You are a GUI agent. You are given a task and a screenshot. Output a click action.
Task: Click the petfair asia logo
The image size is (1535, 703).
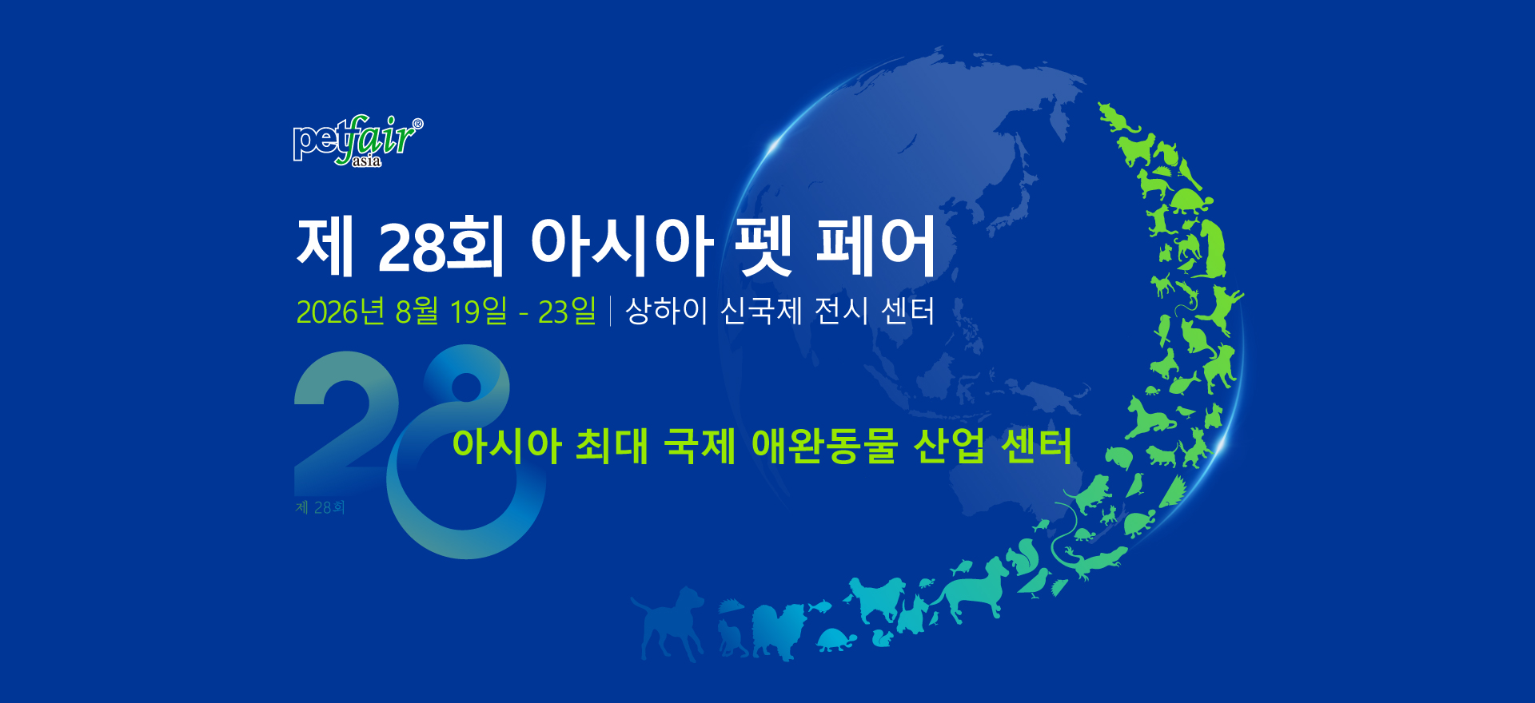point(358,141)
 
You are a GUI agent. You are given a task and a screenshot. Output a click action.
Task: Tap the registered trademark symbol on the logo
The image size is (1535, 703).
point(417,124)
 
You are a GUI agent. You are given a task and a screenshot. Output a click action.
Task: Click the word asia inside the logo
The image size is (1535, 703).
point(367,161)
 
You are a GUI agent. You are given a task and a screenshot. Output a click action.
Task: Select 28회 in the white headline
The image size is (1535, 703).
point(441,246)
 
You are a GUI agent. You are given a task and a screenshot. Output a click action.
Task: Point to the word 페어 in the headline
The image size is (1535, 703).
point(875,246)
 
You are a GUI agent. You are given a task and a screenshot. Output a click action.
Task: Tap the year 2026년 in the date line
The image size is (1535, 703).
point(341,312)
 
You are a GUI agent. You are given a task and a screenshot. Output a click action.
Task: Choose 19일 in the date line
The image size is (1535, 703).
point(478,311)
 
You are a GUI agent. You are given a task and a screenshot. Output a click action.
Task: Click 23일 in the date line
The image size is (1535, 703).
point(567,311)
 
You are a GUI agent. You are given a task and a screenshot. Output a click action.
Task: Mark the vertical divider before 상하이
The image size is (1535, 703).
point(611,311)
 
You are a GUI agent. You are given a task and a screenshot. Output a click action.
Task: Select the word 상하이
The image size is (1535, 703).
point(666,311)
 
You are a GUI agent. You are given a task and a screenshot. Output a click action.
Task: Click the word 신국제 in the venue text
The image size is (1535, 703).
point(761,311)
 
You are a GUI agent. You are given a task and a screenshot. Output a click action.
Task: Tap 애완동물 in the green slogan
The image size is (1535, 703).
point(824,446)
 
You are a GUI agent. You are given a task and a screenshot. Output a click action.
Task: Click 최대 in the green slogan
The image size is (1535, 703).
point(612,446)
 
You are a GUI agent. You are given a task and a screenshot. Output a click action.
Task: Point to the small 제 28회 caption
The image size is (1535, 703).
point(320,507)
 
